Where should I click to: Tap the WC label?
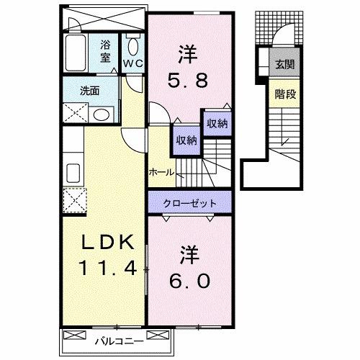click(x=134, y=63)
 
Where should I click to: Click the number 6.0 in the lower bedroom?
click(x=190, y=279)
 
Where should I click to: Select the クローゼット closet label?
click(x=190, y=202)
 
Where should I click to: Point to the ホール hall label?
click(x=160, y=173)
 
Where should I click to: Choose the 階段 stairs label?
click(x=282, y=94)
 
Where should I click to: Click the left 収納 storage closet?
click(x=184, y=140)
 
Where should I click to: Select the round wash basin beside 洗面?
click(x=102, y=114)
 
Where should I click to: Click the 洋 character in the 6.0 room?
click(x=189, y=254)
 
